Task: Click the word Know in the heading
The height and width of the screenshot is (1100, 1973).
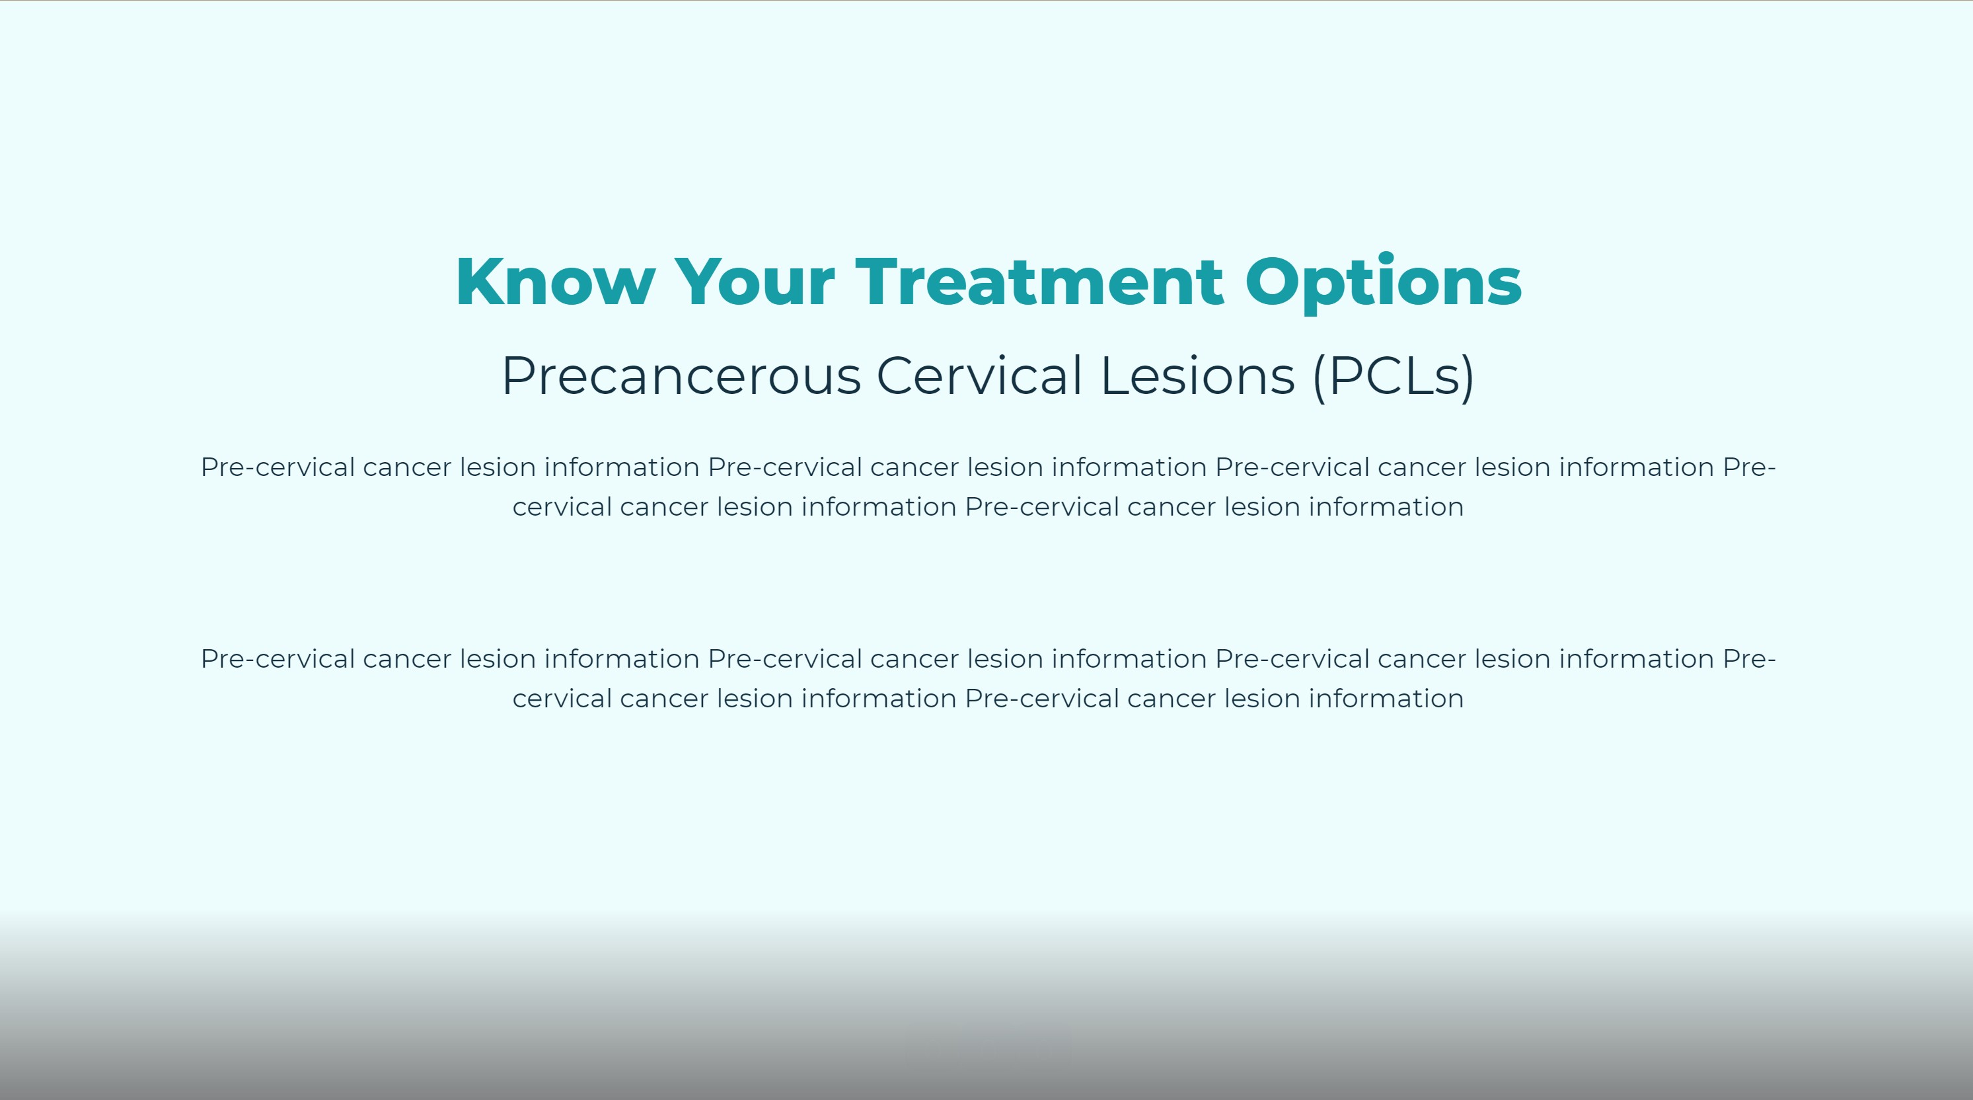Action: click(555, 282)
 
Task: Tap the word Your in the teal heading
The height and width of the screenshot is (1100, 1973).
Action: click(754, 282)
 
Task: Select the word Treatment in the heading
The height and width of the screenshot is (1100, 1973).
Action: click(1039, 282)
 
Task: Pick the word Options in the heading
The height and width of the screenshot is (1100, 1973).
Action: click(1383, 282)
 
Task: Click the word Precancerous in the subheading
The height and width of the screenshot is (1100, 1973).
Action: click(681, 376)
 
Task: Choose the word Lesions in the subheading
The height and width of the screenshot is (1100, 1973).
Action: click(1197, 376)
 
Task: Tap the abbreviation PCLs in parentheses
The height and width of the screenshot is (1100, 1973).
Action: click(1394, 376)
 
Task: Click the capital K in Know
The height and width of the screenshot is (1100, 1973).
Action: click(480, 282)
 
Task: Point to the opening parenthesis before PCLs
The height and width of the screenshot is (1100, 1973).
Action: click(1320, 376)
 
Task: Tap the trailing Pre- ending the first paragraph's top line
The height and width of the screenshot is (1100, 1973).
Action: click(1748, 467)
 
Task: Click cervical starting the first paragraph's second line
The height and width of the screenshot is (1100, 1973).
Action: click(562, 507)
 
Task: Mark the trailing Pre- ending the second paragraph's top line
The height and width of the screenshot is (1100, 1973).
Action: click(1748, 659)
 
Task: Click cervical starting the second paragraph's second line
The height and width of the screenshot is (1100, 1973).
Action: click(562, 699)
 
